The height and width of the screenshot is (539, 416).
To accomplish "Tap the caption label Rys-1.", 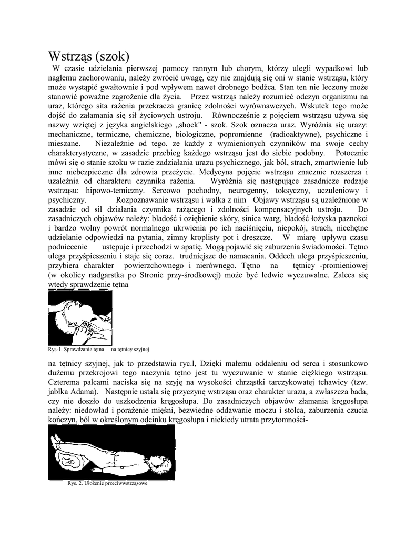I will coord(55,350).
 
